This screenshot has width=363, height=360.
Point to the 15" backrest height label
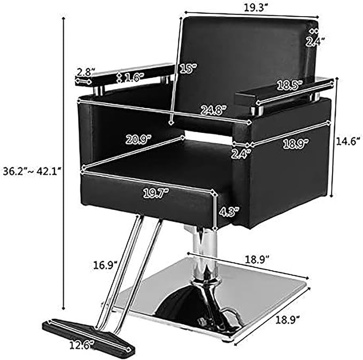(x=188, y=68)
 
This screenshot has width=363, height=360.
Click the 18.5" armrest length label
(x=290, y=85)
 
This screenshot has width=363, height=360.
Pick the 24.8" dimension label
(x=214, y=110)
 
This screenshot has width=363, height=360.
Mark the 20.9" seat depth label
(x=138, y=140)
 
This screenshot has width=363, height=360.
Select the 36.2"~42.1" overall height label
(x=32, y=171)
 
